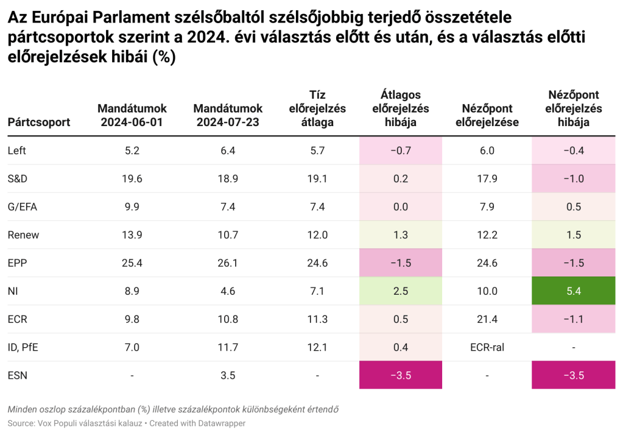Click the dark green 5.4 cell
pos(573,291)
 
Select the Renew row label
pos(21,235)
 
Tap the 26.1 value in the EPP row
pos(228,263)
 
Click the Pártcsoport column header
pos(39,122)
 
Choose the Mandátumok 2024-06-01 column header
pos(132,116)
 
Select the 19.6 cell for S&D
pos(132,179)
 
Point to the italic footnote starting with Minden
pos(173,409)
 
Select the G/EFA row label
pos(23,207)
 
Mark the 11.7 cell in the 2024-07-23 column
pos(228,347)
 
